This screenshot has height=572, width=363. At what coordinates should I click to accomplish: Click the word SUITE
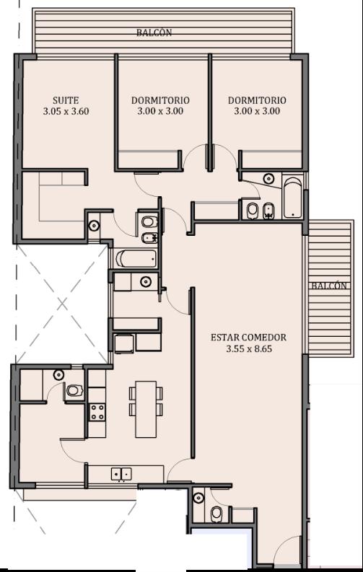[x=66, y=100]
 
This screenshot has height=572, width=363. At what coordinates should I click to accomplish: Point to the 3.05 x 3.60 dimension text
[x=66, y=111]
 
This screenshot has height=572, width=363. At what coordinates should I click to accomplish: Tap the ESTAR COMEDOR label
[x=248, y=338]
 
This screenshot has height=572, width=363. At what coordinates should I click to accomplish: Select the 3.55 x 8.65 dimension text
[x=249, y=348]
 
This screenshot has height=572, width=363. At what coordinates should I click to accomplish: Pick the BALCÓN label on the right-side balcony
[x=328, y=286]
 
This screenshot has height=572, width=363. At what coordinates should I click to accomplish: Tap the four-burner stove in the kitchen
[x=97, y=412]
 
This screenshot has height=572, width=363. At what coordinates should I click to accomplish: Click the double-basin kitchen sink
[x=121, y=474]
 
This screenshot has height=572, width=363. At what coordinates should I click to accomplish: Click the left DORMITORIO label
[x=160, y=100]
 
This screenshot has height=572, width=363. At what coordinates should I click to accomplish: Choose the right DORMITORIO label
[x=257, y=100]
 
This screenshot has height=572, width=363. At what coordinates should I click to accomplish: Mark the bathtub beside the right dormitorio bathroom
[x=293, y=198]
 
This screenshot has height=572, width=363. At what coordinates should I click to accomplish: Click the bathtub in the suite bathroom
[x=136, y=259]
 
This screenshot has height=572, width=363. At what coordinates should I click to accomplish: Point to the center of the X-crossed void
[x=62, y=304]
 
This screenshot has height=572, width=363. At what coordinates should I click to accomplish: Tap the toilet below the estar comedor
[x=217, y=514]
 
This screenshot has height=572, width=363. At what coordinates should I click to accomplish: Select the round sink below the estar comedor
[x=198, y=498]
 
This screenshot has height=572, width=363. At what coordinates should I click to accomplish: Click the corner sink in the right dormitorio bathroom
[x=269, y=178]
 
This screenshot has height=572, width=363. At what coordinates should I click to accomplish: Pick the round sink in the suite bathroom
[x=94, y=226]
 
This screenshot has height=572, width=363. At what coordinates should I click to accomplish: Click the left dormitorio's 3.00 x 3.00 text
[x=160, y=111]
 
